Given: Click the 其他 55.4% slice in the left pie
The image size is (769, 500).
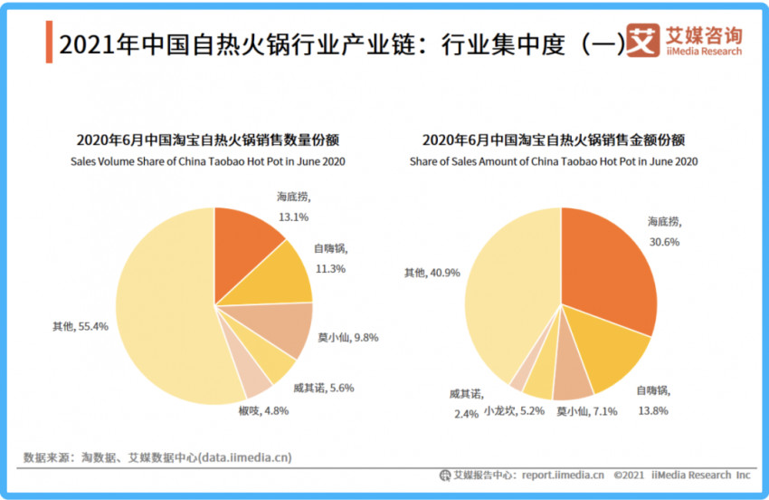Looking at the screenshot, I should pyautogui.click(x=163, y=308).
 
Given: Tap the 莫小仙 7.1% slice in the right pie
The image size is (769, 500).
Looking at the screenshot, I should pyautogui.click(x=572, y=382).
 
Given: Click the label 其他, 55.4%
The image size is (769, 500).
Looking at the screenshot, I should pyautogui.click(x=81, y=326).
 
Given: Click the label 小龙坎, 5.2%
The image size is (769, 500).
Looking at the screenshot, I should pyautogui.click(x=514, y=410).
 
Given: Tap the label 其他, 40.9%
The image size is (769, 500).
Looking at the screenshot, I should pyautogui.click(x=432, y=272).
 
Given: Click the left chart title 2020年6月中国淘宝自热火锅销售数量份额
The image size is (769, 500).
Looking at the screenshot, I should pyautogui.click(x=214, y=140).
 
